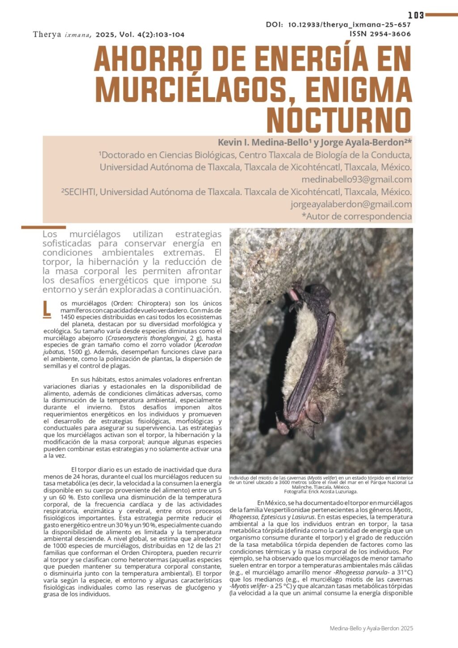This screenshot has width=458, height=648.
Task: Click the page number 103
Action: click(x=416, y=15)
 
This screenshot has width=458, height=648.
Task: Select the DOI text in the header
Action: click(x=338, y=25)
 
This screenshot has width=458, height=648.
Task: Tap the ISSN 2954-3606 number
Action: click(x=380, y=34)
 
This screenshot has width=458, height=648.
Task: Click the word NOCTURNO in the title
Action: click(x=339, y=120)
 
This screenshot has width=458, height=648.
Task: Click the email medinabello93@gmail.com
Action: click(x=356, y=180)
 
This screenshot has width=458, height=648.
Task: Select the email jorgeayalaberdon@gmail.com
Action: click(x=351, y=204)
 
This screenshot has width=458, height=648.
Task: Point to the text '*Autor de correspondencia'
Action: click(x=356, y=216)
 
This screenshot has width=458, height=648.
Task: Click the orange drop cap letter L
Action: click(x=47, y=309)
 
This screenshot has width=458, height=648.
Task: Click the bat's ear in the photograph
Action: click(x=314, y=412)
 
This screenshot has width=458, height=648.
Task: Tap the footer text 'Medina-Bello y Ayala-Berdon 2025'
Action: click(x=371, y=628)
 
